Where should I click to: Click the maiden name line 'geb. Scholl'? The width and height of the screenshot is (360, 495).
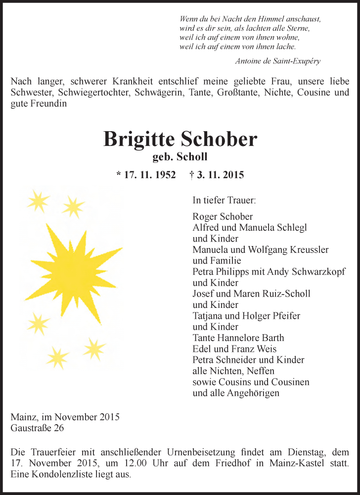180,157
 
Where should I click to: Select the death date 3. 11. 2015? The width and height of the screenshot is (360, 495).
220,175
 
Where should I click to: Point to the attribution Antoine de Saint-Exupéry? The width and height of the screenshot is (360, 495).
278,61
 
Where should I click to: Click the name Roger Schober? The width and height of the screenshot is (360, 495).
223,217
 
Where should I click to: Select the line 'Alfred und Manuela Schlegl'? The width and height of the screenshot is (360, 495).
250,228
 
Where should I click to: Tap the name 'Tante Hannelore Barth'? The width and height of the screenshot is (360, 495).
238,338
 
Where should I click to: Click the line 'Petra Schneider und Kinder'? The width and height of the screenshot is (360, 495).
248,360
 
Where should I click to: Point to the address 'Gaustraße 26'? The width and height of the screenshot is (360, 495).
37,428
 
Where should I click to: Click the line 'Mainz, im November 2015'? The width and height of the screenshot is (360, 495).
65,417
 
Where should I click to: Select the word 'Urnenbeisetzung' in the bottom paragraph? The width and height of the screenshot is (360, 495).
192,452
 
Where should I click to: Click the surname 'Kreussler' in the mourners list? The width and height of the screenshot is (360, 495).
308,249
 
